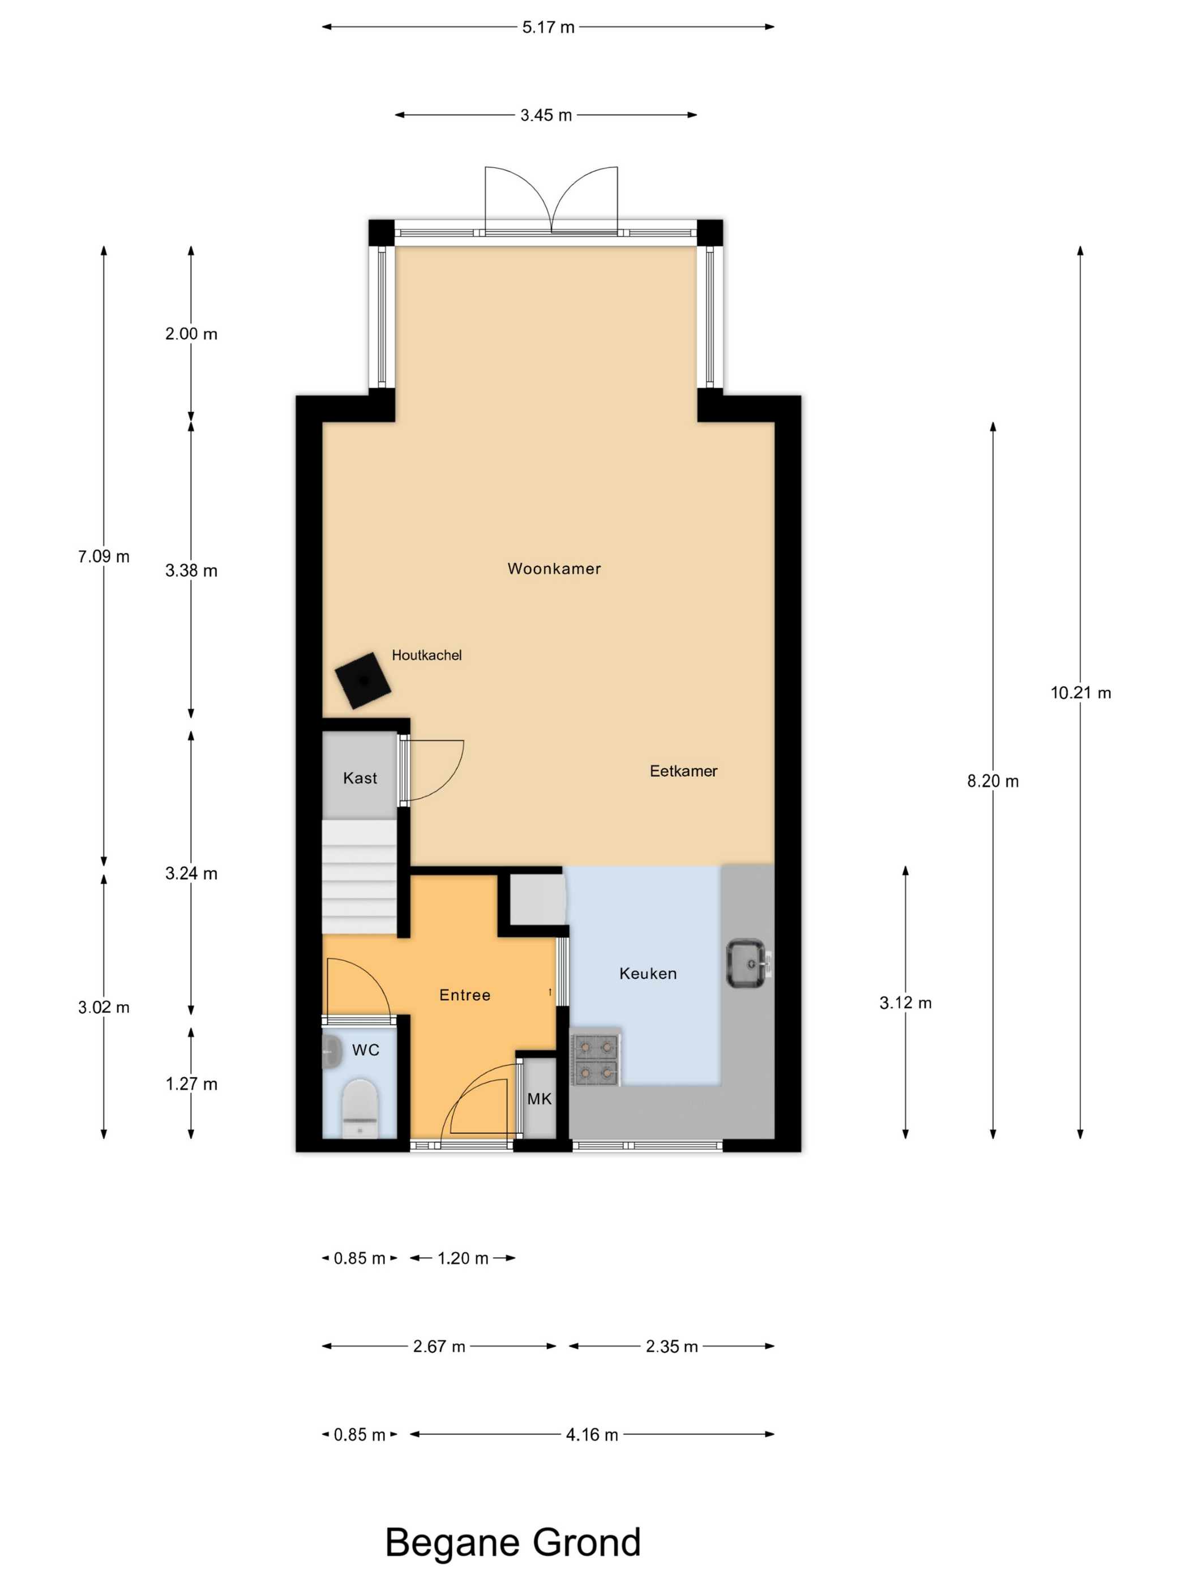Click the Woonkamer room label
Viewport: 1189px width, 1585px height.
[x=554, y=568]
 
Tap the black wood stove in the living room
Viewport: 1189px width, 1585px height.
[x=363, y=680]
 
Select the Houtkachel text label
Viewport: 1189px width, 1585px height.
[x=426, y=655]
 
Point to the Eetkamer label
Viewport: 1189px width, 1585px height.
[x=683, y=771]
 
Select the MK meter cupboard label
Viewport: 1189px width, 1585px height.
[x=540, y=1099]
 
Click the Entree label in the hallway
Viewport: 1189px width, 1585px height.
[x=464, y=995]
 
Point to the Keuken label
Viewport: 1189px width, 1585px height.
[x=648, y=973]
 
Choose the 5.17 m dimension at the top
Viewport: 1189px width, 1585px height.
[x=548, y=27]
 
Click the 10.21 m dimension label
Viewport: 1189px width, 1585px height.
[x=1081, y=692]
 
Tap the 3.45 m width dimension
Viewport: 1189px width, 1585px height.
[x=546, y=115]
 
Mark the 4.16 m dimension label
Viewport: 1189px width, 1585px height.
[x=592, y=1434]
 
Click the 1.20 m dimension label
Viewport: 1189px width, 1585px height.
[x=463, y=1258]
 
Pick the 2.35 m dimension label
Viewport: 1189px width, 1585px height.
[x=672, y=1346]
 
